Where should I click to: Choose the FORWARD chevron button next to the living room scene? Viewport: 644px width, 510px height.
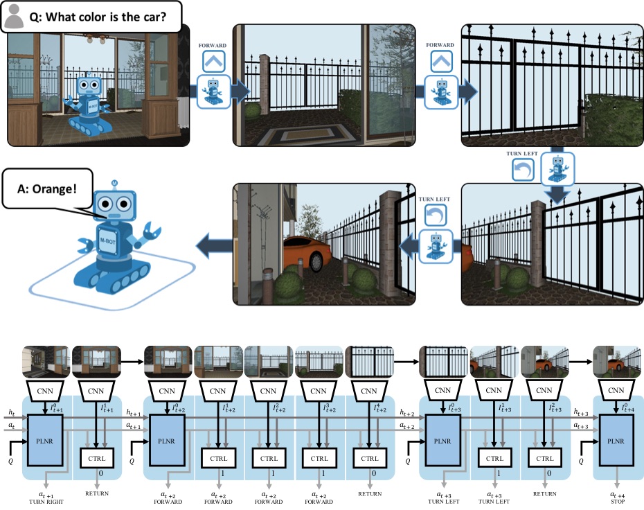(213, 61)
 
